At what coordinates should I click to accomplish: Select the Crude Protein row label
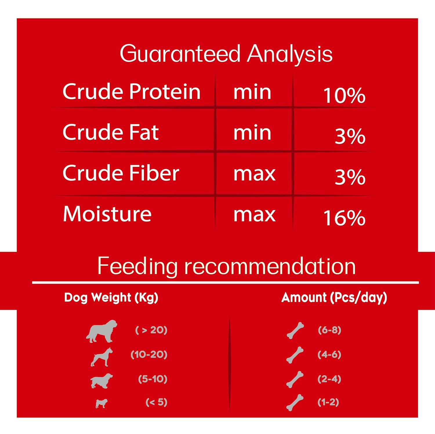click(131, 91)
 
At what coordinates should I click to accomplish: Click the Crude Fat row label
click(110, 132)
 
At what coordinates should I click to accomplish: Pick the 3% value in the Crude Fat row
click(350, 136)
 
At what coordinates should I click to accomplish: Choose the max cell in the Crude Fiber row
click(254, 174)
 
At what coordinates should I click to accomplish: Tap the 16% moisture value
click(344, 218)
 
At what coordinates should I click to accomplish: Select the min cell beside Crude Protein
click(252, 92)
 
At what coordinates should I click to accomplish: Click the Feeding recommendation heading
click(226, 266)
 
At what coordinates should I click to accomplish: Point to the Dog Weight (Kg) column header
click(111, 298)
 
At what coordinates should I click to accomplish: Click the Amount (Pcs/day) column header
click(334, 298)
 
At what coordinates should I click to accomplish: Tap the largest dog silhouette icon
click(101, 331)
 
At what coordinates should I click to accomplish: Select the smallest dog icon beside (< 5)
click(101, 403)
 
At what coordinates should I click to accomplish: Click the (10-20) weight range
click(149, 355)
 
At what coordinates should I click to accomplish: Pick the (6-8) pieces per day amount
click(329, 330)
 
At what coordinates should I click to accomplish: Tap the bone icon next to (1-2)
click(295, 402)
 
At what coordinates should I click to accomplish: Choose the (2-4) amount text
click(329, 379)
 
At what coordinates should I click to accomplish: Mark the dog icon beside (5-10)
click(101, 381)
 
